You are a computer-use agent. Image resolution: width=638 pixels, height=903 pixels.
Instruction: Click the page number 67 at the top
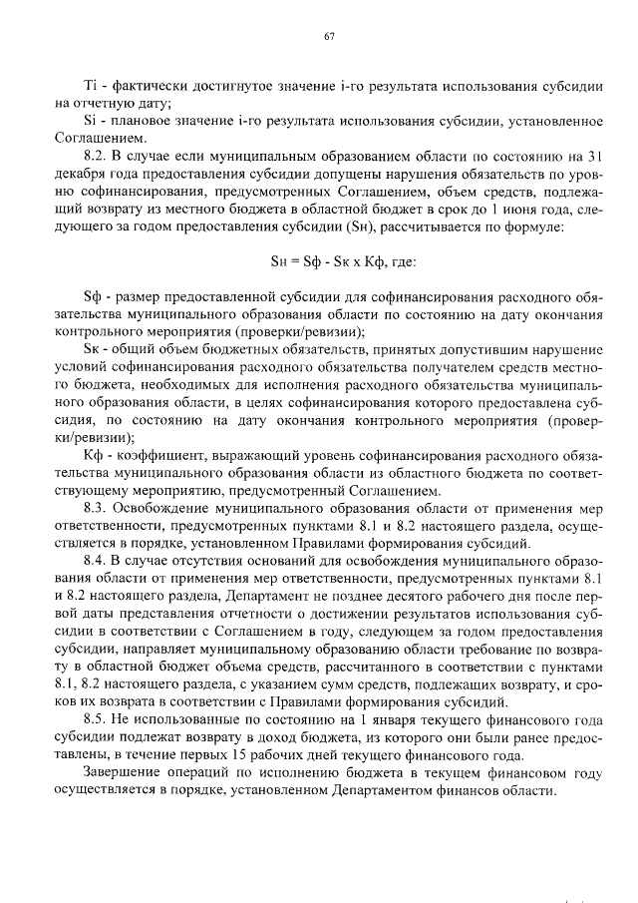(x=328, y=38)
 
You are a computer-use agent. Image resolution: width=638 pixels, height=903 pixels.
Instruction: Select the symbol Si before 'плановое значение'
(x=91, y=121)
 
